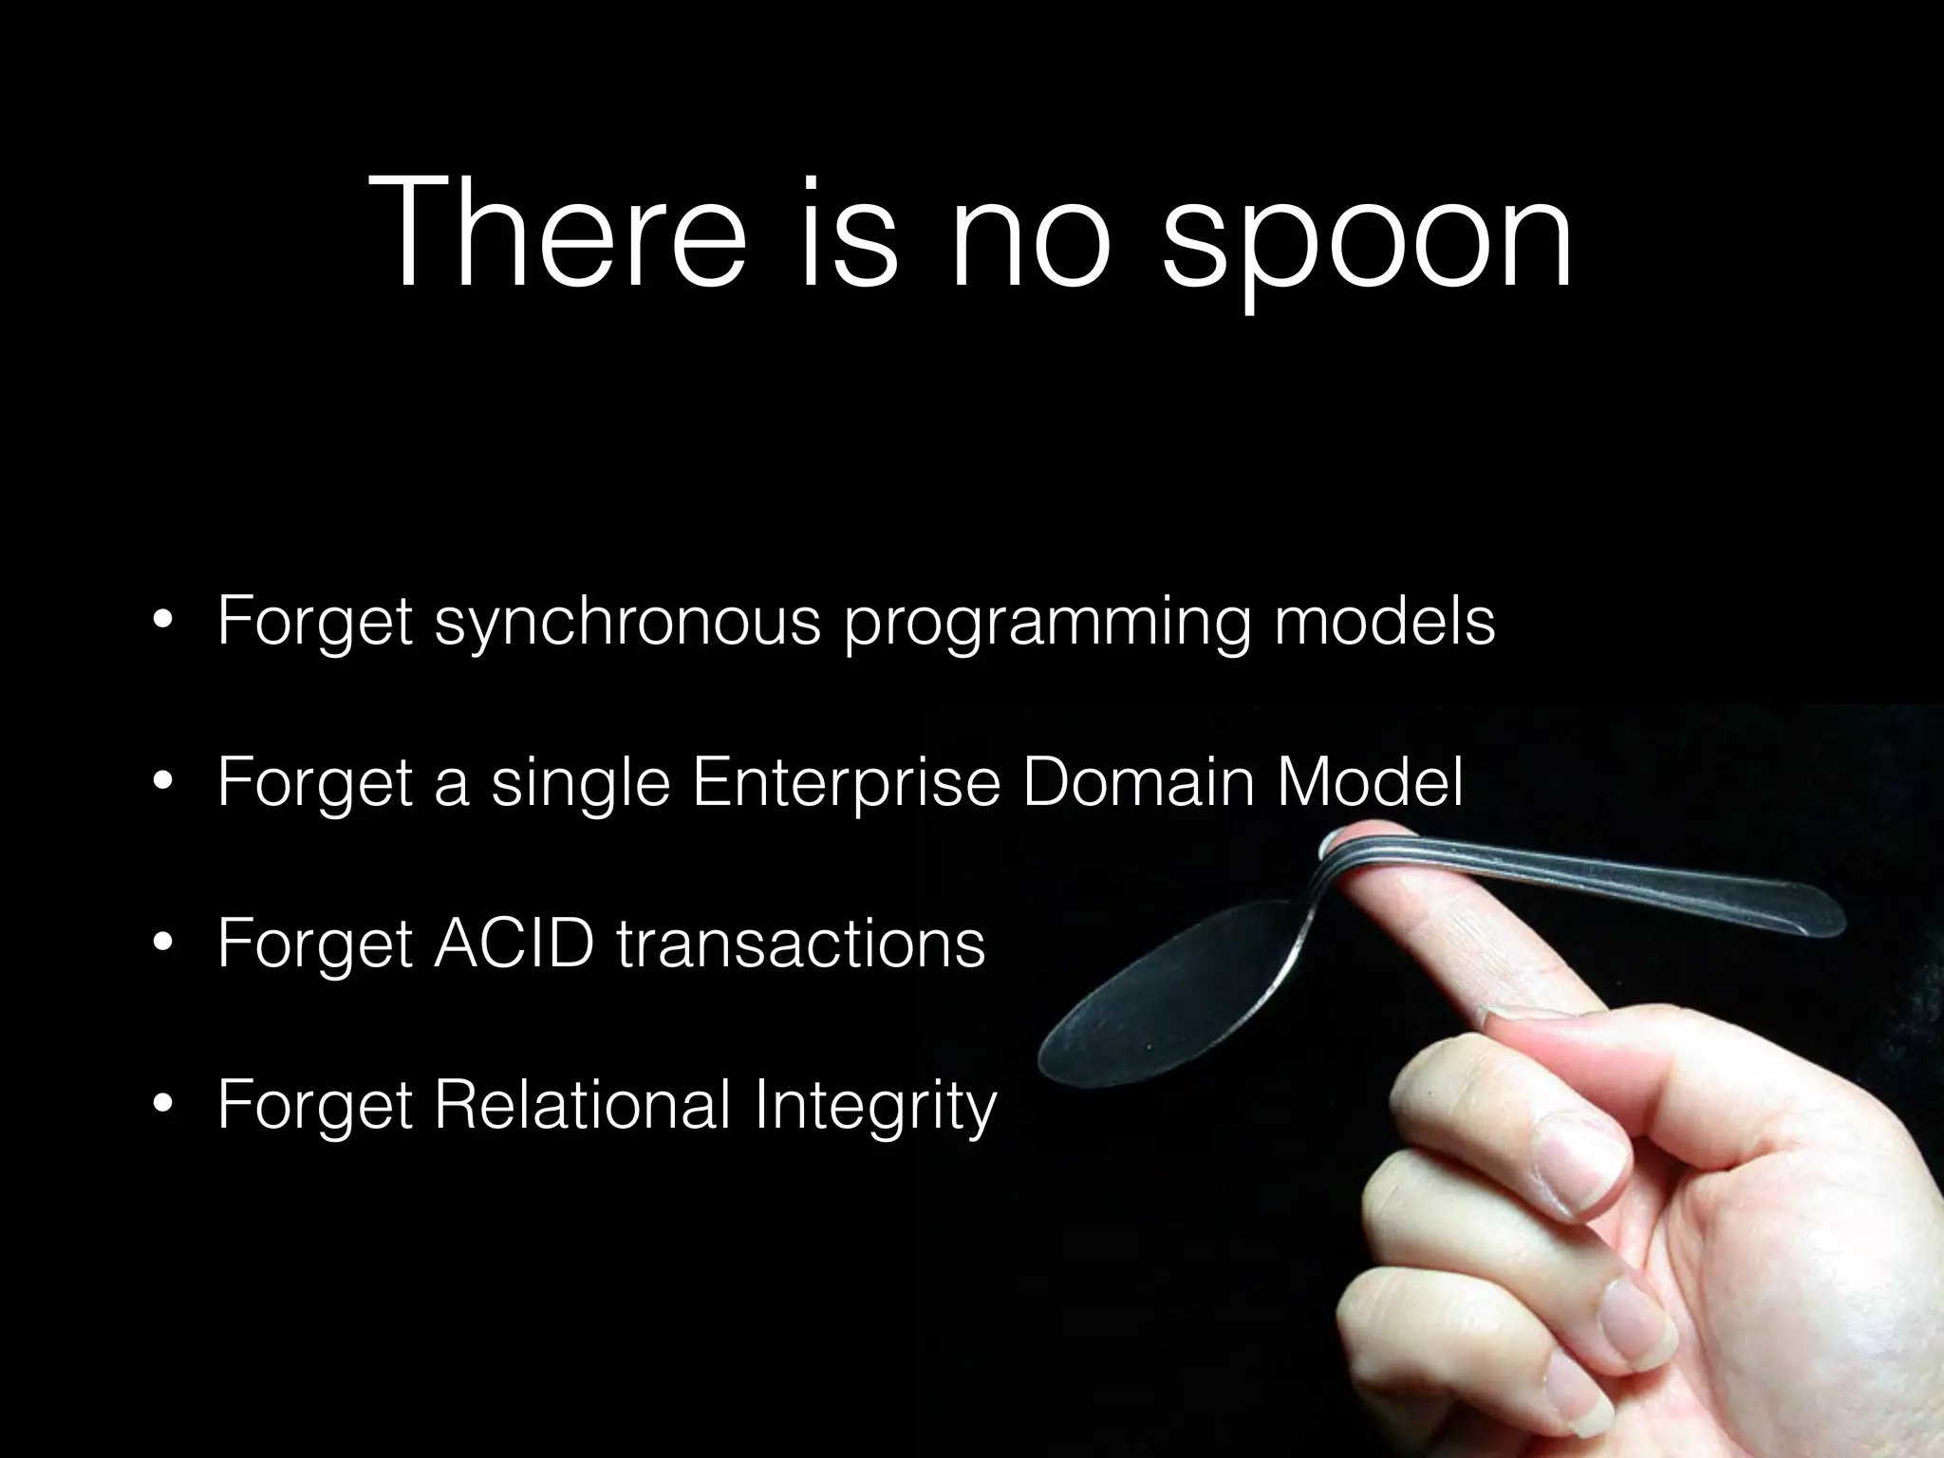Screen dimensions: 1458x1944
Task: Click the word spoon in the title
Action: tap(1368, 237)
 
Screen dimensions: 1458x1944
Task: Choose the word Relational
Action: tap(583, 1105)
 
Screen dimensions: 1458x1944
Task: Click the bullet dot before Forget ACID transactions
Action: tap(163, 944)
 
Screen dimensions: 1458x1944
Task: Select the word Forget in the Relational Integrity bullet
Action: tap(314, 1106)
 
